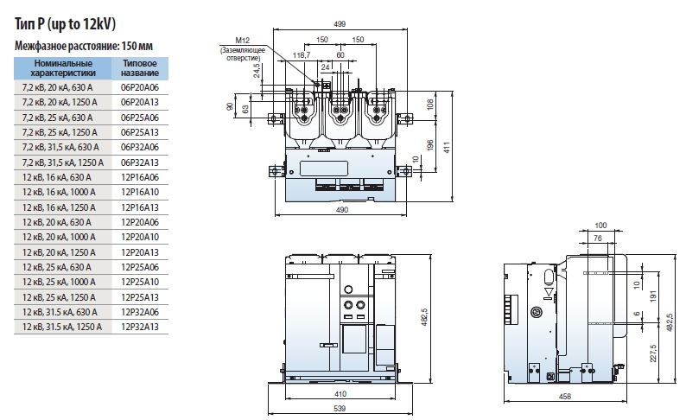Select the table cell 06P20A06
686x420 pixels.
[140, 87]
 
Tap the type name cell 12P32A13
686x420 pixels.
[140, 326]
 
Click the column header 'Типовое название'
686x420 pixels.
[140, 68]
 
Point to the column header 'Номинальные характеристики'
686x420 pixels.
[61, 68]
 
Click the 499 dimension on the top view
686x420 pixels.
[340, 24]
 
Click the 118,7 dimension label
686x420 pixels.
[302, 54]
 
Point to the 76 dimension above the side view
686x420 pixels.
[598, 237]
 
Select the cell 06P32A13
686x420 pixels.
[140, 162]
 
